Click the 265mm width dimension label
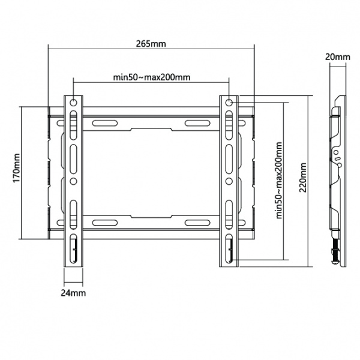click(x=151, y=43)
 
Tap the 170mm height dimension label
click(x=17, y=168)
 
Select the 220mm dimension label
click(x=303, y=177)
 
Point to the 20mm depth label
click(x=337, y=57)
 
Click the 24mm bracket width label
click(x=73, y=293)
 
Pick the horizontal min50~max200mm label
click(x=152, y=77)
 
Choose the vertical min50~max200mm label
click(x=279, y=180)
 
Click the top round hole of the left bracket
click(x=73, y=103)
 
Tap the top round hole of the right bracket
click(x=229, y=103)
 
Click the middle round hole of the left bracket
click(x=73, y=181)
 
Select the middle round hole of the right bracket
click(x=229, y=181)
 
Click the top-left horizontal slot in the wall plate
click(x=104, y=123)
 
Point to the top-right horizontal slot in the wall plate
click(x=197, y=123)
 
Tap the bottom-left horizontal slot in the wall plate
click(x=104, y=223)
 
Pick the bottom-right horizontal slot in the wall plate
click(x=197, y=223)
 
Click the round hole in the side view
click(x=335, y=152)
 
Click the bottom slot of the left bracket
click(x=73, y=248)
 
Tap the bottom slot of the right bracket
click(x=229, y=248)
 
